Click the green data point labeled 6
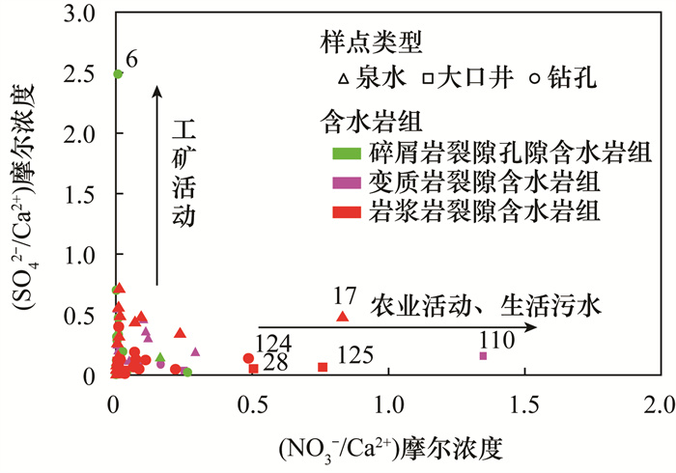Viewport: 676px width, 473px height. [x=118, y=73]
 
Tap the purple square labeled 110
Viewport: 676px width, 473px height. [x=483, y=356]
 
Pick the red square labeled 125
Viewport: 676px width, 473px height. [x=323, y=367]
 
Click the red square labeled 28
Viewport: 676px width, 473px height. [x=253, y=368]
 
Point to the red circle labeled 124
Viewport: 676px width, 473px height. [x=248, y=358]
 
